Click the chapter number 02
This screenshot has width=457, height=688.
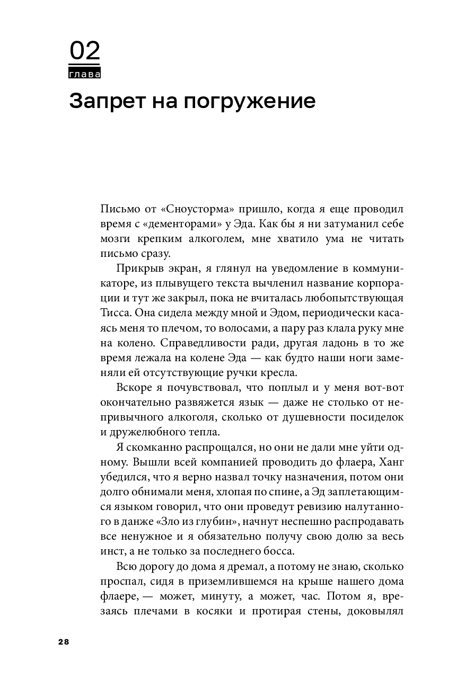tap(85, 52)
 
